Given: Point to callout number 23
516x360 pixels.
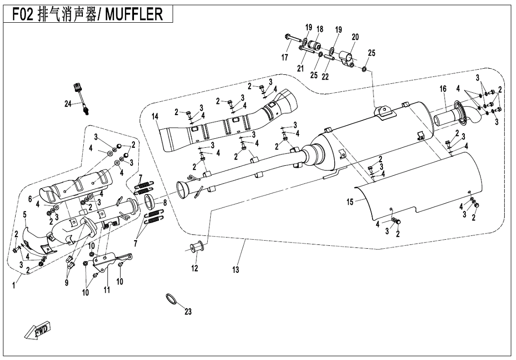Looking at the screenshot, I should [x=188, y=312].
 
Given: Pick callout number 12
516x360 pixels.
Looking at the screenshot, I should [x=195, y=268].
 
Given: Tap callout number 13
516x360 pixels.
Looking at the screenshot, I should [x=236, y=270].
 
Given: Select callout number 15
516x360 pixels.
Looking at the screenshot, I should [x=350, y=202].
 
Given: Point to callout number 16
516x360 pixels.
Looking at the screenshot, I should [x=443, y=89].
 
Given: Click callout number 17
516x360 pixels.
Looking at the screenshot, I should [x=285, y=58].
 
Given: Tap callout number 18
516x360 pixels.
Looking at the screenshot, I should [x=320, y=29].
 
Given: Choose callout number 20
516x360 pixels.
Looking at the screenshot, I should [x=355, y=36].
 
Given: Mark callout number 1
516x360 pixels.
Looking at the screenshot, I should [x=14, y=286].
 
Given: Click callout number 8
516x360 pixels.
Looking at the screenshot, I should [x=164, y=203].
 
